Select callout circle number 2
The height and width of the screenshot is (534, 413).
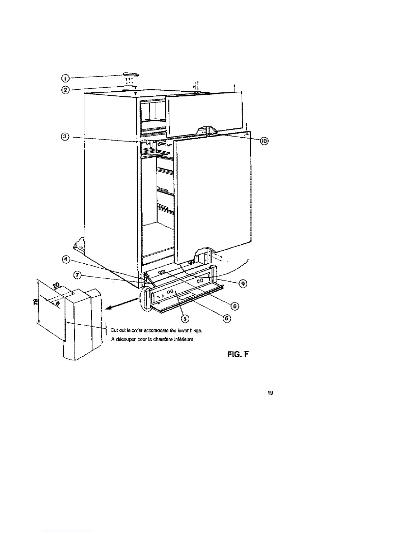(65, 90)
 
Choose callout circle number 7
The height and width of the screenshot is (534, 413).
(78, 275)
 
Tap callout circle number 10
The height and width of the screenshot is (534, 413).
(264, 141)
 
